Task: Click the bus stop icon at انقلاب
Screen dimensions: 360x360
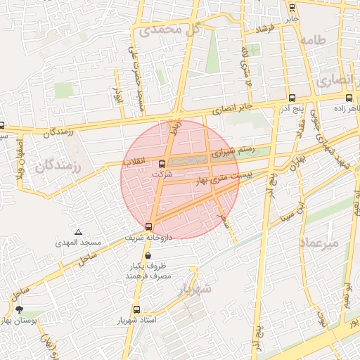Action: pos(162,164)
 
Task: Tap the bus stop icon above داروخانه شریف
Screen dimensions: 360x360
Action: pos(148,226)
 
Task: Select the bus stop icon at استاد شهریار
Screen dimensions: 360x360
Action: pos(136,309)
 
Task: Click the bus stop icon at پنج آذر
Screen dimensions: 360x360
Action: pos(291,98)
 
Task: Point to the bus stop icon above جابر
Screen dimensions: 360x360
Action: pos(292,8)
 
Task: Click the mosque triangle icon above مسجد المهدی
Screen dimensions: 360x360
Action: pos(78,232)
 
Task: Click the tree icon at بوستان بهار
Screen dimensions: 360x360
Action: pos(18,309)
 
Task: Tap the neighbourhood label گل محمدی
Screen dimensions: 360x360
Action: pos(169,30)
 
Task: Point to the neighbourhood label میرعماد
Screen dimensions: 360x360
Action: pos(320,243)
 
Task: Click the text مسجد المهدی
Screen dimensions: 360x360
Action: pos(79,243)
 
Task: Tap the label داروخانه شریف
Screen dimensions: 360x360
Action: pos(149,238)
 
